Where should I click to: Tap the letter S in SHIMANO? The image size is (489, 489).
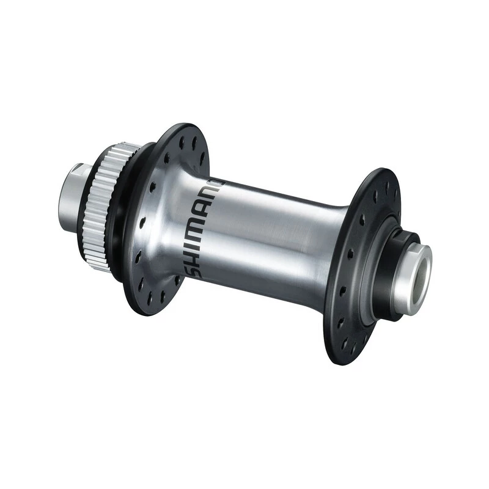click(x=195, y=267)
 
